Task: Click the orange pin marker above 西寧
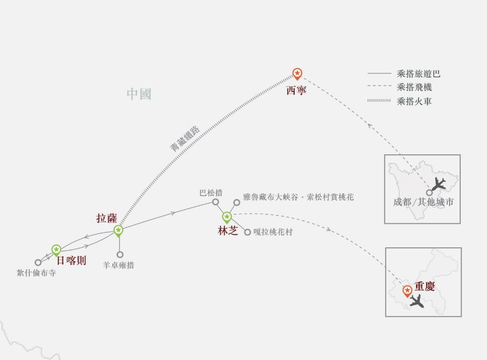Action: coord(297,74)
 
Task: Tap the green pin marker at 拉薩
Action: coord(118,231)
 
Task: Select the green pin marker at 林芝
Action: coord(227,218)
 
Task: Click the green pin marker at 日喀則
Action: coord(57,250)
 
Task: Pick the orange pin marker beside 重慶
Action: coord(407,290)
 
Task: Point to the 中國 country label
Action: coord(139,94)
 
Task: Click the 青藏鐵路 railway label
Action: coord(185,139)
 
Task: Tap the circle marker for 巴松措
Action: coord(216,202)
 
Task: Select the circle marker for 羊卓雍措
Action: coord(120,255)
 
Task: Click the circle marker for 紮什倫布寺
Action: coord(38,262)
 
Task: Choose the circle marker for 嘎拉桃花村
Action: coord(247,232)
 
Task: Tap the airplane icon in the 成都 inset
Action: coord(438,184)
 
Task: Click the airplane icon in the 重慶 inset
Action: coord(416,302)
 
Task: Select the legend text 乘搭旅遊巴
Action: coord(418,74)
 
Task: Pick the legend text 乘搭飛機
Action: coord(414,87)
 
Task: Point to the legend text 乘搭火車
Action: coord(414,101)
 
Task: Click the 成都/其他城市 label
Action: coord(423,202)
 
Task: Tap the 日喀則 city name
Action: coord(71,261)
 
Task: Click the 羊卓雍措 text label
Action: coord(119,265)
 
